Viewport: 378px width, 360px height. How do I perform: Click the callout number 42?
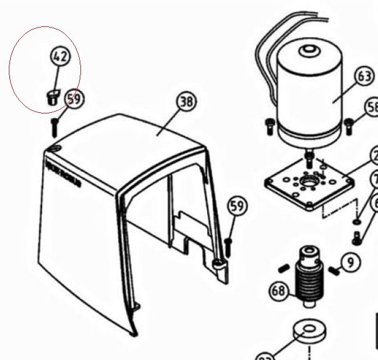coord(60,57)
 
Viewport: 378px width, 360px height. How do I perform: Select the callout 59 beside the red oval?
coord(75,99)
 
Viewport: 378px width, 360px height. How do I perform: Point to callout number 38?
coord(186,102)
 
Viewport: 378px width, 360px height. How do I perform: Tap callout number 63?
coord(364,77)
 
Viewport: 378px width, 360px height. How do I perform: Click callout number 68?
coord(279,290)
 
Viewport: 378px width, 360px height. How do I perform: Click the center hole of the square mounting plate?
coord(308,181)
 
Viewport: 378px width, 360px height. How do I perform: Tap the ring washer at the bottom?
coord(309,332)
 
